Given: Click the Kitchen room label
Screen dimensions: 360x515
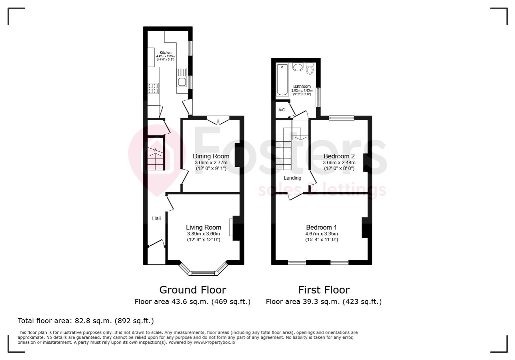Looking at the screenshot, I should point(165,53).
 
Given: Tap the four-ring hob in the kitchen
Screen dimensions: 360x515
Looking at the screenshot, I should point(153,88).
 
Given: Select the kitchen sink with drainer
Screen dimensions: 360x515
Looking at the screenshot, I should point(182,77).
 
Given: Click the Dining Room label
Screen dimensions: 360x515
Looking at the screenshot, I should point(211,156).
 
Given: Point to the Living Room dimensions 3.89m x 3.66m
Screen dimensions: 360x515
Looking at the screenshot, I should point(203,234).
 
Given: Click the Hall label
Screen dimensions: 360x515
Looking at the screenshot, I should point(156,218).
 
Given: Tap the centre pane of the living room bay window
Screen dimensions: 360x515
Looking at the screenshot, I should point(203,273).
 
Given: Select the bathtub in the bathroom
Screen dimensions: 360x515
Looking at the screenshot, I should point(282,79).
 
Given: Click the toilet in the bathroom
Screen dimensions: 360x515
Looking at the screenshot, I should point(310,69).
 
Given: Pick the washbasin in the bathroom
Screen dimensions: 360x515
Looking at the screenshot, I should point(298,67).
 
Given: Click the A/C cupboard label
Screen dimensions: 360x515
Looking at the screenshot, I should point(282,110).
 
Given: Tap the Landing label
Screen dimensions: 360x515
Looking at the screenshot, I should point(293,178).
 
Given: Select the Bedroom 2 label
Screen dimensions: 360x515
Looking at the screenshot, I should point(339,156).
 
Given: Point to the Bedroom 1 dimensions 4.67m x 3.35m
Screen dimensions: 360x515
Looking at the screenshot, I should point(322,234).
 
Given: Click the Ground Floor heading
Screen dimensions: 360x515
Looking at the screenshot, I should point(192,290).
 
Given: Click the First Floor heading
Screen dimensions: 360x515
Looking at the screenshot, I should point(324,290).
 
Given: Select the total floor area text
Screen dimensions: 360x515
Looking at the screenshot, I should point(86,321).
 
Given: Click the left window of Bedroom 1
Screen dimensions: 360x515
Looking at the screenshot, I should point(297,262).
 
